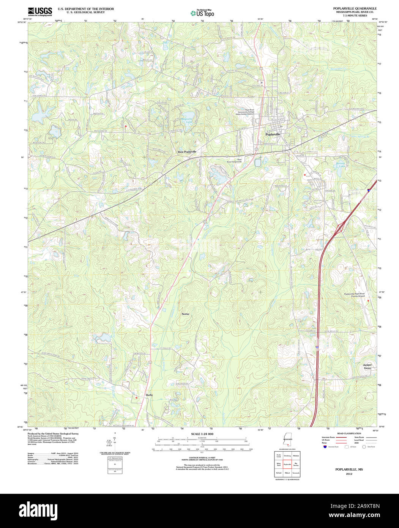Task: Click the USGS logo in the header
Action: coord(40,11)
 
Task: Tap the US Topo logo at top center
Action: coord(202,13)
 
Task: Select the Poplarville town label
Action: coord(273,134)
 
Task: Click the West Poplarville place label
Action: coord(187,152)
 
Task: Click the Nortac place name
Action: coord(185,314)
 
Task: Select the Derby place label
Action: coord(149,395)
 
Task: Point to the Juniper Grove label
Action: coord(367,367)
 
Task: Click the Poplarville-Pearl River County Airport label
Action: coord(355,295)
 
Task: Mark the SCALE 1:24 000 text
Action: coord(202,434)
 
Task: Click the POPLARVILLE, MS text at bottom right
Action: coord(349,470)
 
